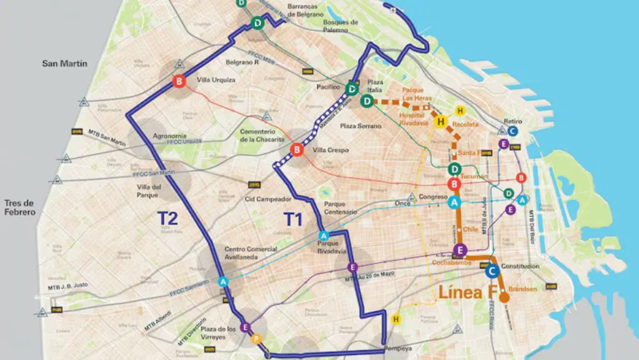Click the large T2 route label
(167, 218)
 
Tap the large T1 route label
(297, 219)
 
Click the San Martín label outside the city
(64, 63)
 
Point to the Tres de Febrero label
(20, 207)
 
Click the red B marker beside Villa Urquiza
(179, 81)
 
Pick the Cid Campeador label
(269, 199)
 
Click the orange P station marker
(255, 339)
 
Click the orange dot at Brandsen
(504, 297)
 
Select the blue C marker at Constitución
(492, 271)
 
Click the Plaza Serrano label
(356, 126)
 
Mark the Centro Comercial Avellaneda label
(251, 253)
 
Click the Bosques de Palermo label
(340, 26)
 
